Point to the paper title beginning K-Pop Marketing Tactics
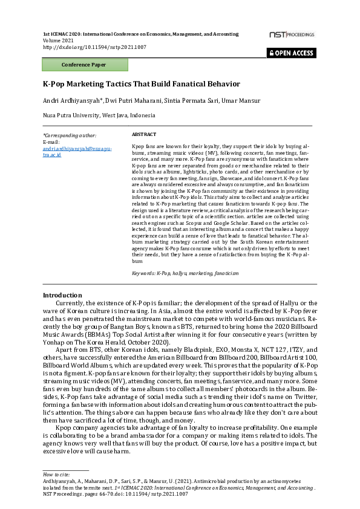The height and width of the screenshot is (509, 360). [141, 84]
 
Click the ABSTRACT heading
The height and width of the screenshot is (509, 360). [144, 134]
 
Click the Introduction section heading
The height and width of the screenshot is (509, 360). [62, 295]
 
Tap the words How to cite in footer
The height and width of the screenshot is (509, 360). [55, 475]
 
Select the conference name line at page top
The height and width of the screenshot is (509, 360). [140, 34]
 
